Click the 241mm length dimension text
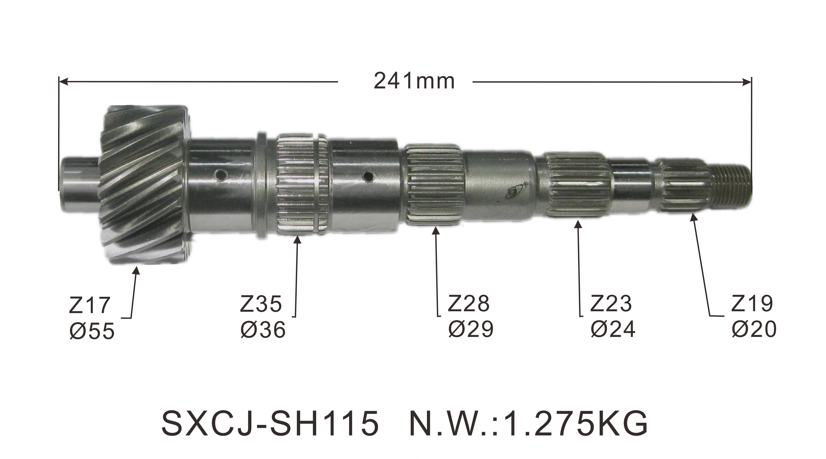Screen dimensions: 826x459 tap(414, 82)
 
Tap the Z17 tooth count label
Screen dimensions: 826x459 tap(90, 305)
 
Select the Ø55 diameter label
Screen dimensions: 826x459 tap(92, 331)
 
